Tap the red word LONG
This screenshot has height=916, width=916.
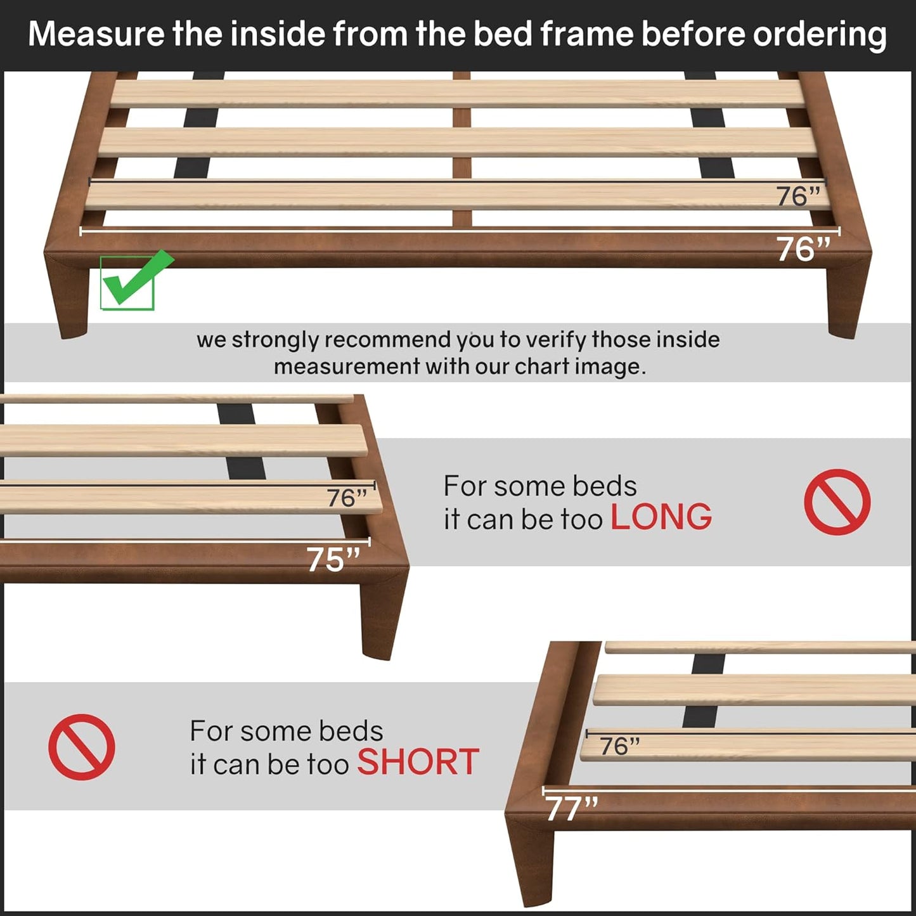click(x=661, y=517)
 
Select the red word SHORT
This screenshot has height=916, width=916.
click(x=418, y=762)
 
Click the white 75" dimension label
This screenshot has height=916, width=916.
click(x=333, y=560)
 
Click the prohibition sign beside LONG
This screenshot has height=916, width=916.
click(x=837, y=502)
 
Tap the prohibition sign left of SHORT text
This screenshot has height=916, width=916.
click(x=82, y=747)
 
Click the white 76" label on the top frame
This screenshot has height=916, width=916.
click(x=803, y=249)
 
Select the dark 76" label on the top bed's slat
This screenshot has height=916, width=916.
click(x=798, y=197)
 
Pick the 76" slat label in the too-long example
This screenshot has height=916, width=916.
click(x=347, y=498)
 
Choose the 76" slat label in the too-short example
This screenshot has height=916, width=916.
click(x=619, y=746)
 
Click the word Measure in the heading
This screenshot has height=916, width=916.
click(x=96, y=34)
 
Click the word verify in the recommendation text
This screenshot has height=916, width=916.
click(x=555, y=340)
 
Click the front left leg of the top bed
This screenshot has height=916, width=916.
click(x=68, y=298)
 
